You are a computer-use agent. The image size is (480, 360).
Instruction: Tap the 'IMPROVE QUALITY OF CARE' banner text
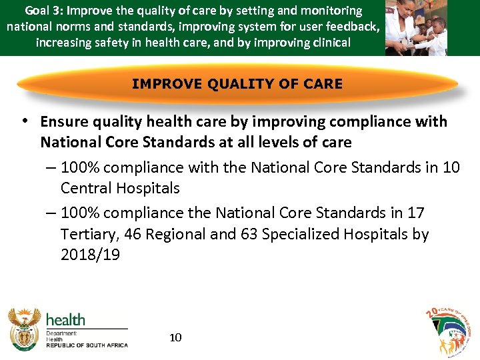click(237, 84)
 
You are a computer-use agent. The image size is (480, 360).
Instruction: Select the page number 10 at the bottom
click(175, 337)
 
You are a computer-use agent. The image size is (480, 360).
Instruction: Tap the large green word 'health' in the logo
click(65, 319)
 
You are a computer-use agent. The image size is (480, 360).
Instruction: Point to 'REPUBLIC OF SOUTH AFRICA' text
click(87, 345)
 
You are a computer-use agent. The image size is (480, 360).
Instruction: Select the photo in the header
click(416, 28)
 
